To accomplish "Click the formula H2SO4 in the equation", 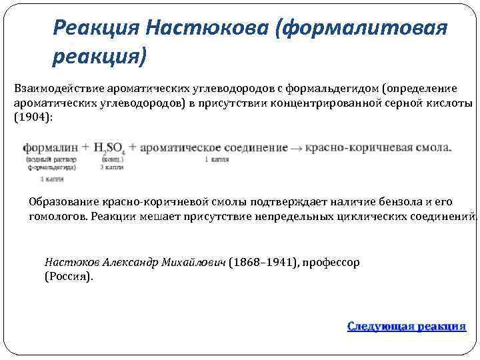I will tap(110, 148).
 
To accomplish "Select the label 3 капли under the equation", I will tap(111, 167).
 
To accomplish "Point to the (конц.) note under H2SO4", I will tap(111, 160).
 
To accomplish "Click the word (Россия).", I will tap(69, 276).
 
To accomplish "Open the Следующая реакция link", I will tap(406, 326).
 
